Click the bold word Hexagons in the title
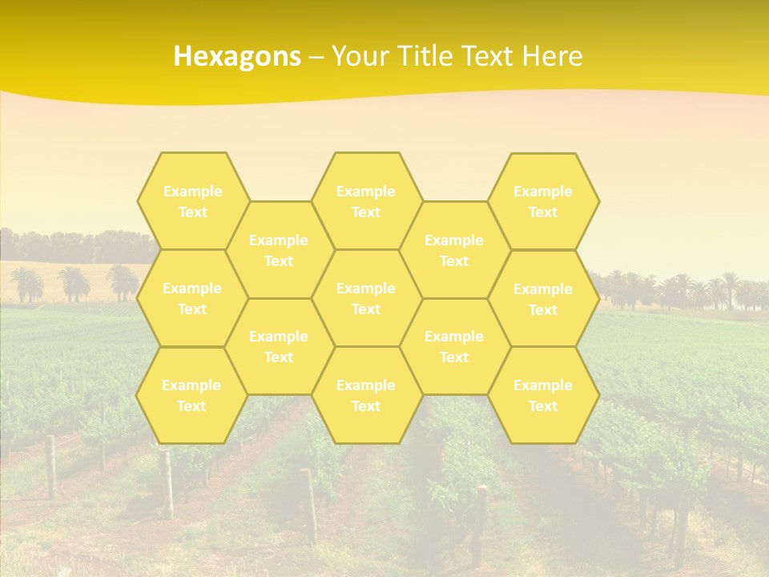pyautogui.click(x=237, y=56)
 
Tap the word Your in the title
pyautogui.click(x=358, y=56)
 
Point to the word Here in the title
pyautogui.click(x=552, y=56)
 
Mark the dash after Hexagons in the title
pyautogui.click(x=316, y=57)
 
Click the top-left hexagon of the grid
pyautogui.click(x=192, y=201)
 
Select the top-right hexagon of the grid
pyautogui.click(x=543, y=201)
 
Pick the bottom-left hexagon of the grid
pyautogui.click(x=191, y=395)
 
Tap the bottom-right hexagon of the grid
pyautogui.click(x=543, y=395)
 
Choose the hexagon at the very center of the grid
pyautogui.click(x=366, y=298)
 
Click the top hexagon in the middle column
pyautogui.click(x=366, y=201)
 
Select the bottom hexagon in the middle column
pyautogui.click(x=366, y=395)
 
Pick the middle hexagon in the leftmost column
pyautogui.click(x=192, y=298)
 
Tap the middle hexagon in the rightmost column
pyautogui.click(x=543, y=299)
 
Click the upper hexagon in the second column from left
pyautogui.click(x=279, y=250)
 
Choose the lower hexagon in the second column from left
pyautogui.click(x=279, y=346)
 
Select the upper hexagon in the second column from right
pyautogui.click(x=454, y=250)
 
